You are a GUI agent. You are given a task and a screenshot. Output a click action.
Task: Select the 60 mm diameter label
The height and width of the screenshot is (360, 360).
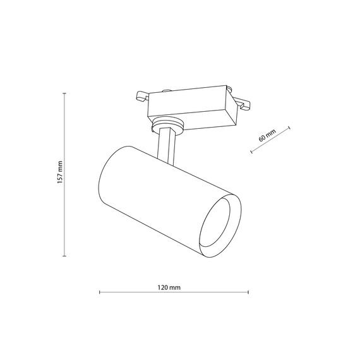click(267, 135)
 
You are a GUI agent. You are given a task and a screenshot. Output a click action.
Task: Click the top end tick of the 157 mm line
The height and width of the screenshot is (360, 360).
click(65, 93)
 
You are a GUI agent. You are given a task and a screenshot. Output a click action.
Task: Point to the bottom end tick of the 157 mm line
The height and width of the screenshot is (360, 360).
click(65, 256)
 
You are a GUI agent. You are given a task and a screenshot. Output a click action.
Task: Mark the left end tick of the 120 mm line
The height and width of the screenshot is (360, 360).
click(100, 292)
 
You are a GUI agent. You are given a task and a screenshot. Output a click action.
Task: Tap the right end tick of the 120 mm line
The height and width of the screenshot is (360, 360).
click(249, 292)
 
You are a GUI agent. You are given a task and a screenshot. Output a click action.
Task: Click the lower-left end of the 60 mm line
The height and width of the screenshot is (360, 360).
click(251, 152)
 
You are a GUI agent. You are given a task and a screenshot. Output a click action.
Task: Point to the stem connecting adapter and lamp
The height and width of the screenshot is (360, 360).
click(165, 143)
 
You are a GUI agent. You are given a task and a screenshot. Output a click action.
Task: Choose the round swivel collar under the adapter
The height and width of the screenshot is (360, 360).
click(167, 126)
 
